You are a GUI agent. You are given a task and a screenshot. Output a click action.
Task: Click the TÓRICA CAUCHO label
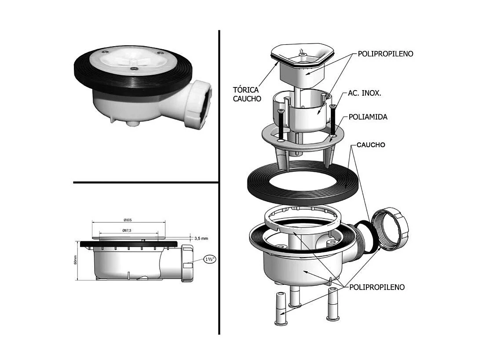247,94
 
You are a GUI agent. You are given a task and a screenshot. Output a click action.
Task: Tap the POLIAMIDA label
368,117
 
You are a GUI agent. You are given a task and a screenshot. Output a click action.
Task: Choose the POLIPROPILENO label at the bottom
377,287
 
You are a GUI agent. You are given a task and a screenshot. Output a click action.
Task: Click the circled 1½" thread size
209,259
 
